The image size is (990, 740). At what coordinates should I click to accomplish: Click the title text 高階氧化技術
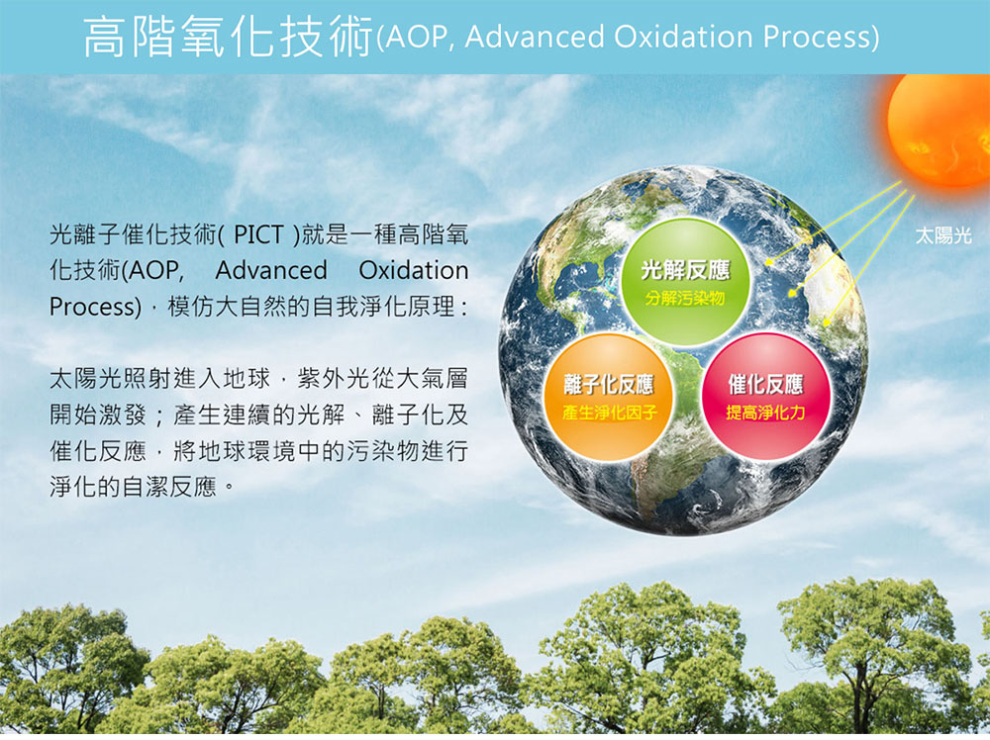pos(229,36)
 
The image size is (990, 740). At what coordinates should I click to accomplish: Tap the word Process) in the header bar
pos(821,38)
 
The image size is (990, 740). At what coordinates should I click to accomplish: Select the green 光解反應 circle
pos(685,281)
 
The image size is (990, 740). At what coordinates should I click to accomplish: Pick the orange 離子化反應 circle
pos(608,398)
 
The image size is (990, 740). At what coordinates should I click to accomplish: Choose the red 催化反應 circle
pos(765,397)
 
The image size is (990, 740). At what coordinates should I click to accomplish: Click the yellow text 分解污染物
pos(685,299)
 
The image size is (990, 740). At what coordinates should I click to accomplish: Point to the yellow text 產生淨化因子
pos(609,413)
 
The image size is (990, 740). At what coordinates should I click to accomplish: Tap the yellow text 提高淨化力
pos(765,413)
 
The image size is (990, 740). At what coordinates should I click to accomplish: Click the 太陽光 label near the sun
pos(943,235)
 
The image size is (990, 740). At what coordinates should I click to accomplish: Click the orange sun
pos(940,130)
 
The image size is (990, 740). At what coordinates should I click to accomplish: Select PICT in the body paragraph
pos(258,234)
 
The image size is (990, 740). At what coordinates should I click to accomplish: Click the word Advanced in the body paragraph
pos(271,271)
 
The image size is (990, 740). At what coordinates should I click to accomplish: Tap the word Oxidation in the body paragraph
pos(414,271)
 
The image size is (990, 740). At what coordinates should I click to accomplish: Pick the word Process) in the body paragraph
pos(95,308)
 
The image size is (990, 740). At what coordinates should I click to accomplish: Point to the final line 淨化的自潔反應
pos(133,487)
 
